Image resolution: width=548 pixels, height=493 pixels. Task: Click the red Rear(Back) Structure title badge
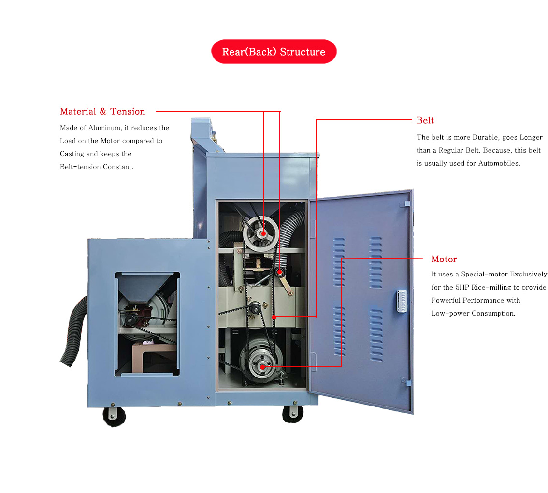coord(274,51)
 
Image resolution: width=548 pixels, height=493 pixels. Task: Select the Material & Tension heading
coord(102,111)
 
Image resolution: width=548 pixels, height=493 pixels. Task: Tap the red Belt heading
coord(425,120)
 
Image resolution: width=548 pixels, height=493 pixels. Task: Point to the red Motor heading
coord(444,259)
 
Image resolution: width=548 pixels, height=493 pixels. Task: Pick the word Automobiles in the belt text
coord(499,163)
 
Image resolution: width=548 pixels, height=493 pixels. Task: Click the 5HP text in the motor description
coord(462,287)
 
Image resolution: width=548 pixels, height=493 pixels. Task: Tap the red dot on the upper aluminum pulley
coord(263,233)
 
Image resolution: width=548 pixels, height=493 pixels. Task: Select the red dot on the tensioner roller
coord(280,272)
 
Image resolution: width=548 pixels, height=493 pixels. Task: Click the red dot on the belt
coord(274,317)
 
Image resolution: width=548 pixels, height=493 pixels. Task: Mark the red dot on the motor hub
coord(262,367)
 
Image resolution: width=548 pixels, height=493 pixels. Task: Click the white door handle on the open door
coord(402,301)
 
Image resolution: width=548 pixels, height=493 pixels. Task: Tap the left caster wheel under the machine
coord(114,417)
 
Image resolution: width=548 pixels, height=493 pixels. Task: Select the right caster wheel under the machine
coord(293,414)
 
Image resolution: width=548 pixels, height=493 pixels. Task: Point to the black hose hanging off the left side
coord(74,332)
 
